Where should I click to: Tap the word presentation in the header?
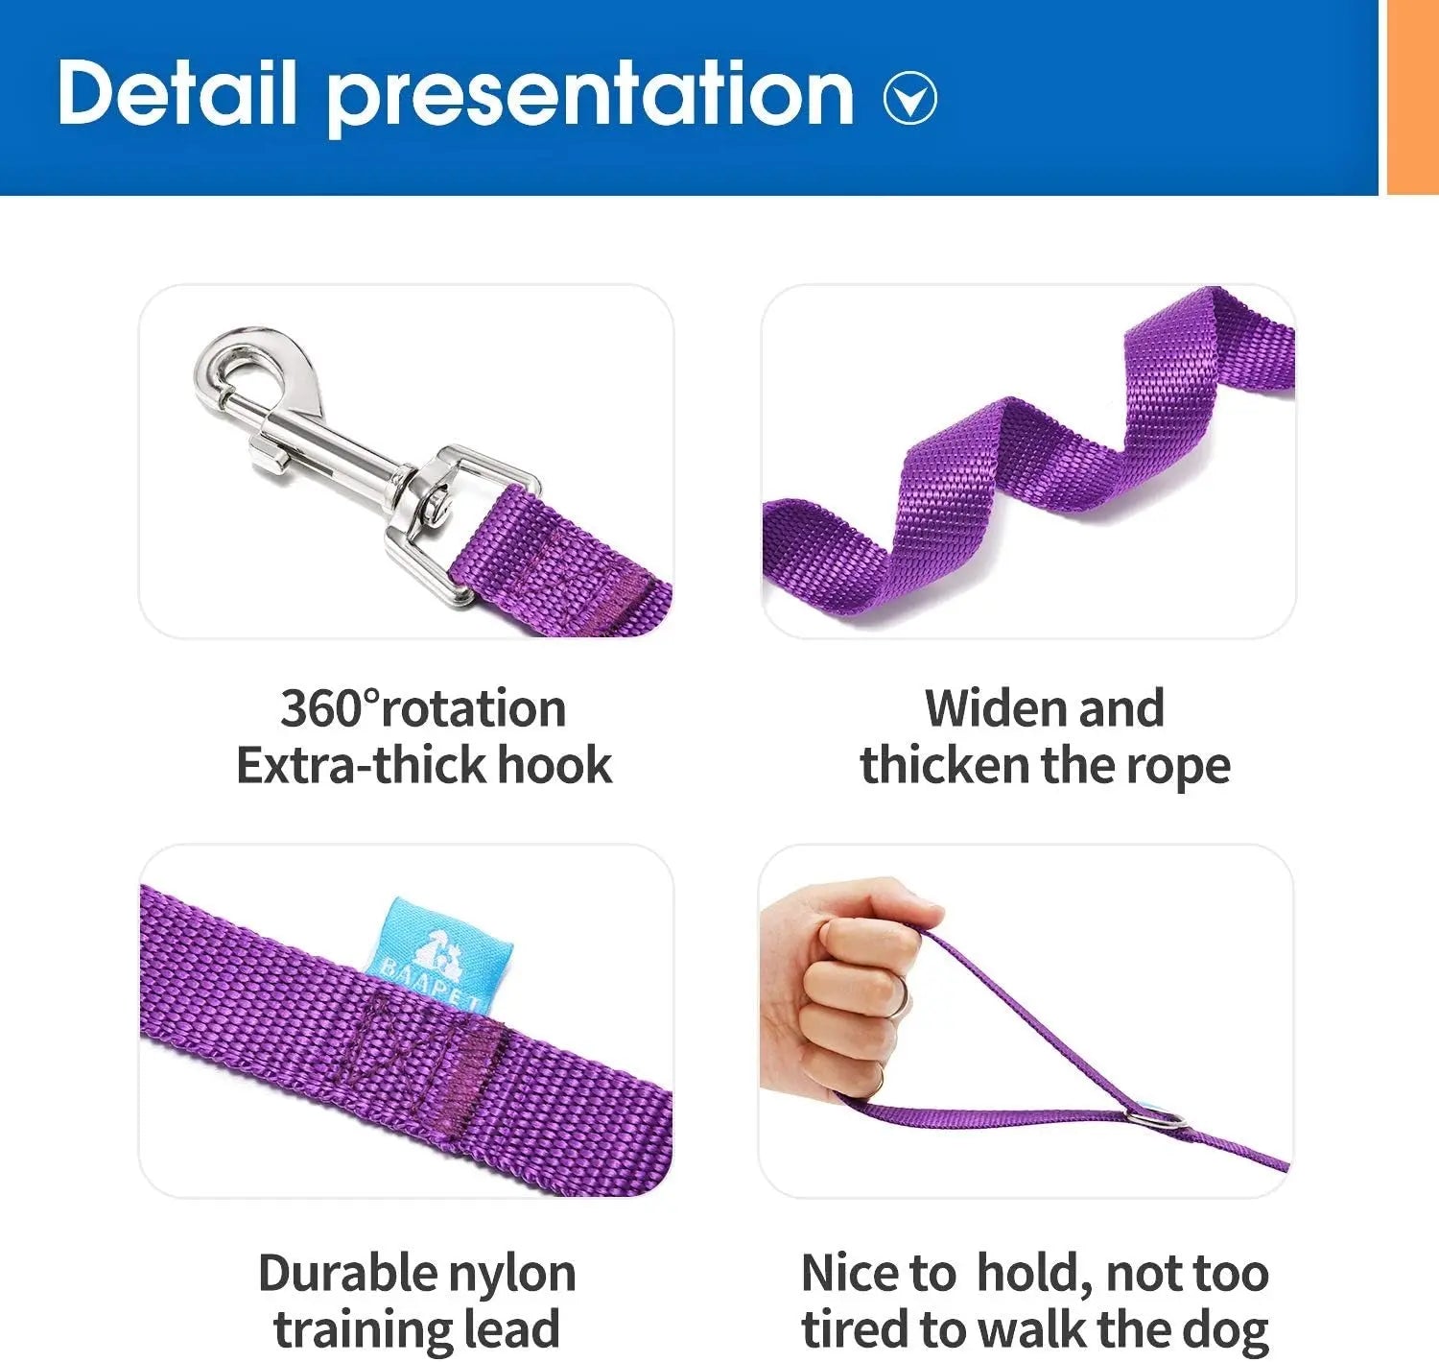(590, 94)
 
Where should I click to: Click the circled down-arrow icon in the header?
(909, 98)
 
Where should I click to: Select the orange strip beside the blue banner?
(1412, 96)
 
